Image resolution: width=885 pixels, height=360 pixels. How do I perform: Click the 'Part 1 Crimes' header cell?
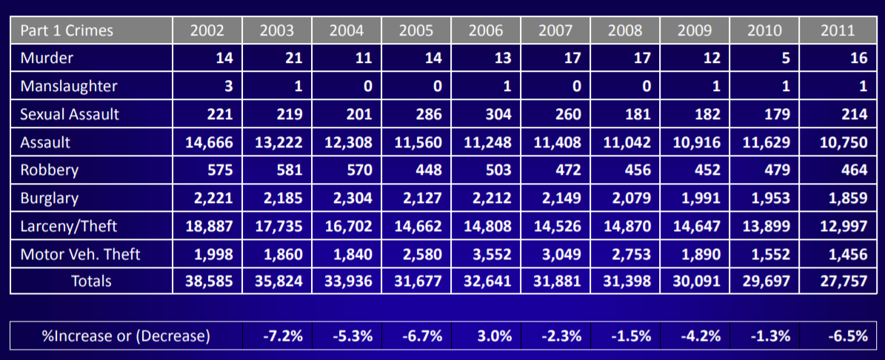point(67,30)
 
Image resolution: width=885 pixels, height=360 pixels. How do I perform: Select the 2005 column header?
point(416,30)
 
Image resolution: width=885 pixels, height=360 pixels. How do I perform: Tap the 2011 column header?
point(838,30)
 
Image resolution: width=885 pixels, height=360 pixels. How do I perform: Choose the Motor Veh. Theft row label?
point(81,255)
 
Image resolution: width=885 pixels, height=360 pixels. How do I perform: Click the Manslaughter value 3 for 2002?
point(229,86)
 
